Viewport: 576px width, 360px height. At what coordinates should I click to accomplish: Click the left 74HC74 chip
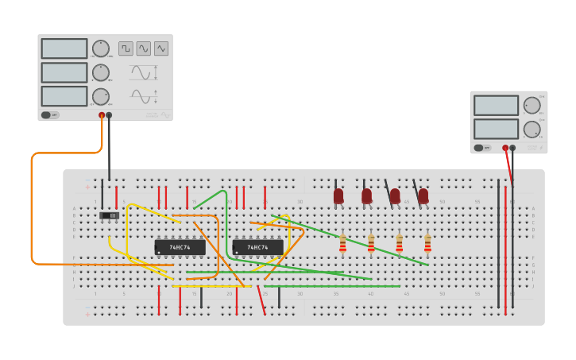tap(180, 247)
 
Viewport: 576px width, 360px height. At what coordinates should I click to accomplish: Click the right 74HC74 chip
tap(257, 247)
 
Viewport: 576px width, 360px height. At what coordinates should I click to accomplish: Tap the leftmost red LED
tap(338, 195)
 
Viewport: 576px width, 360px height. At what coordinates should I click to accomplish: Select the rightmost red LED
tap(423, 195)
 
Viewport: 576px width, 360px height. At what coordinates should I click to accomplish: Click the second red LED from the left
tap(366, 195)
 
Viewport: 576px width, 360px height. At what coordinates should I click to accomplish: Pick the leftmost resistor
tap(342, 243)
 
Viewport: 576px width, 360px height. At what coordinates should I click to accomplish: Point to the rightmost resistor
tap(427, 243)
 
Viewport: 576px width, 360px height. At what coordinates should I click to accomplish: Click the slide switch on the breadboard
tap(109, 215)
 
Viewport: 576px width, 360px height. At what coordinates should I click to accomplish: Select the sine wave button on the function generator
tap(144, 48)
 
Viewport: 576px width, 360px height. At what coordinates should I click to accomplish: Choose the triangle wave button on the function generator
tap(161, 48)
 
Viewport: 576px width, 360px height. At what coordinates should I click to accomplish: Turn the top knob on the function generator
tap(101, 48)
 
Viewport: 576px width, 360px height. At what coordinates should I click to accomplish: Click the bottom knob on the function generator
tap(101, 96)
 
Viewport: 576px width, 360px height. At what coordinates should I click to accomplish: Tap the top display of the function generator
tap(64, 48)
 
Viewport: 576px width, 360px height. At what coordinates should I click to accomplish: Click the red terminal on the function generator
tap(102, 115)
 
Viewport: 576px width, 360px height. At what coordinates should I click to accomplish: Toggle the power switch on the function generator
tap(49, 114)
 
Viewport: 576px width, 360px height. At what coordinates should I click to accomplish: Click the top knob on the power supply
tap(532, 105)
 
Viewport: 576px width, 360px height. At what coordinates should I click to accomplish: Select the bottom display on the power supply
tap(497, 128)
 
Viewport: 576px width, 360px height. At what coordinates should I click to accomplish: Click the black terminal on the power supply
tap(512, 148)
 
